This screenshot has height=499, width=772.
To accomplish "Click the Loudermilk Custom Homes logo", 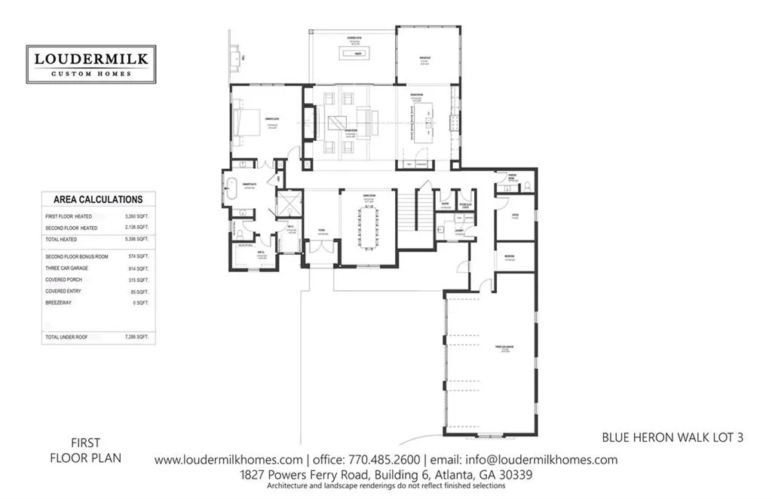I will click(x=90, y=64).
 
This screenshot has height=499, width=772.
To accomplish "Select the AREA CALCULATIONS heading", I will click(x=98, y=200).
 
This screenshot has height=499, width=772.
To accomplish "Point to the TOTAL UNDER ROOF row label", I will click(x=66, y=337).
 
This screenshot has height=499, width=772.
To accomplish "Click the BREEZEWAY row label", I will click(x=60, y=303).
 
